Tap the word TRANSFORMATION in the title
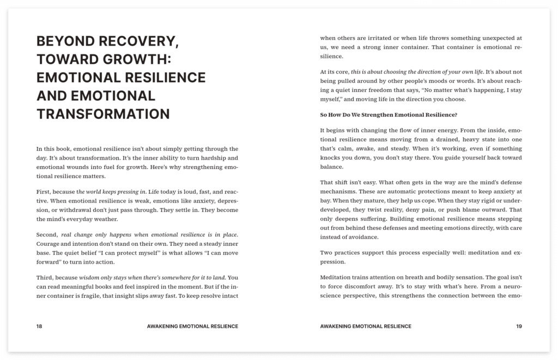pyautogui.click(x=103, y=113)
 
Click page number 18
pyautogui.click(x=39, y=326)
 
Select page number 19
pyautogui.click(x=519, y=326)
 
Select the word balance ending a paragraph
pyautogui.click(x=332, y=167)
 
